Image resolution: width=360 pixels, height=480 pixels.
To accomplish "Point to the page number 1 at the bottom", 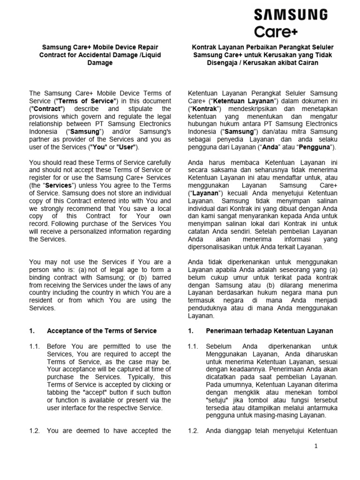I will point(316,446).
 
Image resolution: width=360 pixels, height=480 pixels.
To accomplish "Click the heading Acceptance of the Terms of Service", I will point(102,330).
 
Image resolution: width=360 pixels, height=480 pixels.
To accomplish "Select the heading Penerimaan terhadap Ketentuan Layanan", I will point(270,330).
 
